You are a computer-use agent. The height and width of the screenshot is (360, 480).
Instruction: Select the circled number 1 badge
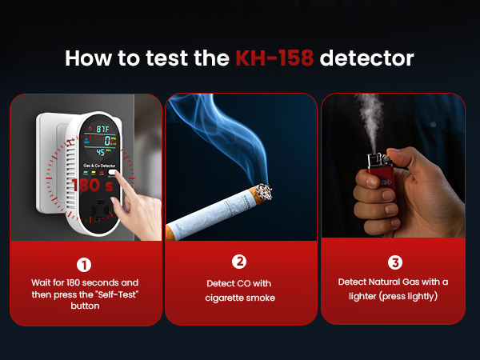[85, 263]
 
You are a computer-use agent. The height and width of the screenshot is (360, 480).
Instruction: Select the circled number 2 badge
[238, 262]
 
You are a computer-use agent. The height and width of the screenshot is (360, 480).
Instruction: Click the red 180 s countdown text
[89, 185]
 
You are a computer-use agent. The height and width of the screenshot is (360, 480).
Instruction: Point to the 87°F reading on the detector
[103, 128]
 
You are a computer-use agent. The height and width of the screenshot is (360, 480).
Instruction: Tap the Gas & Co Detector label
[100, 166]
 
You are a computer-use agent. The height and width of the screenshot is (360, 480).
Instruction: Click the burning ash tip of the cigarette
[262, 192]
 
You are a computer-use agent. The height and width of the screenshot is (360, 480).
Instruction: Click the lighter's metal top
[373, 160]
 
